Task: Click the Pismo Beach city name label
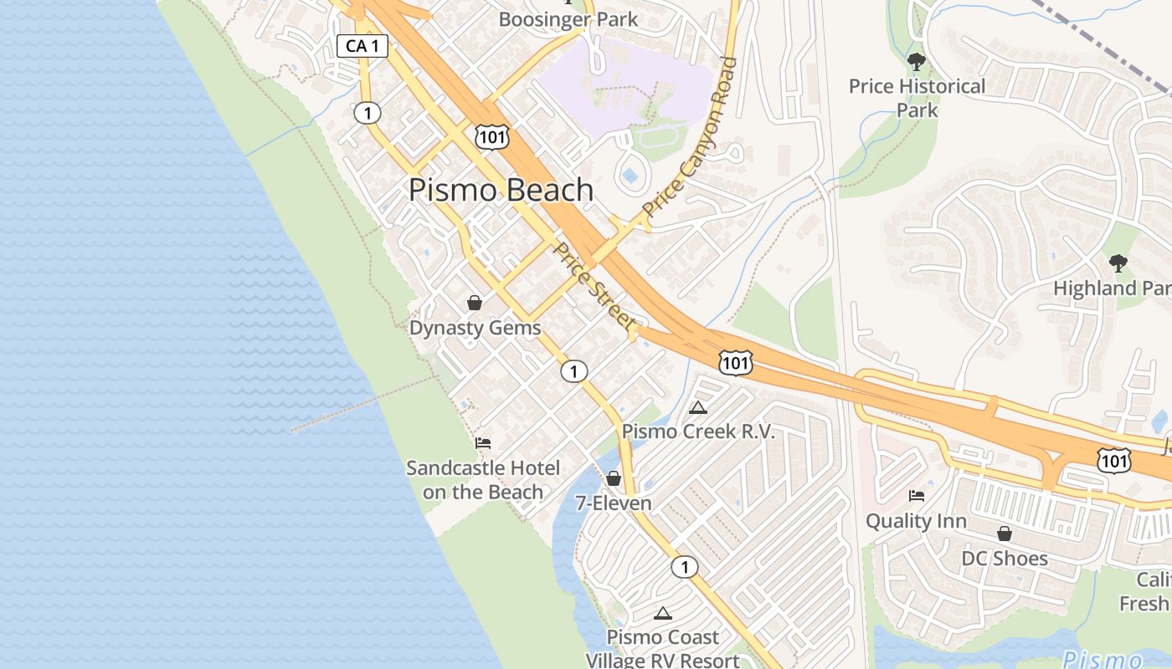[501, 190]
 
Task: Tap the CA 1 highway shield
[362, 46]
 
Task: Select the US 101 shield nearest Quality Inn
[1114, 460]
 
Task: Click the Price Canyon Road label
[691, 137]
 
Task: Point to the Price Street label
[595, 286]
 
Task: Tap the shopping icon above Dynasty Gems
[475, 303]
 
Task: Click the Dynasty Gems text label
[475, 328]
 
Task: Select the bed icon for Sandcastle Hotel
[483, 443]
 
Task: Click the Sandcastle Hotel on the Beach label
[483, 480]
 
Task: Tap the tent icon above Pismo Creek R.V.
[698, 407]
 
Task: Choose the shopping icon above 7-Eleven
[614, 478]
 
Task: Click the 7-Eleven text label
[614, 503]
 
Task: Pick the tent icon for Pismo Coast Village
[663, 613]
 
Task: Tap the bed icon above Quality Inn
[917, 496]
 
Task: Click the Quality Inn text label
[916, 521]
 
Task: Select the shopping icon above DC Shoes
[1005, 534]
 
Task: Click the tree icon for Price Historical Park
[917, 61]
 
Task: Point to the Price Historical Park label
[917, 98]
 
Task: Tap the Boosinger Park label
[568, 19]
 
